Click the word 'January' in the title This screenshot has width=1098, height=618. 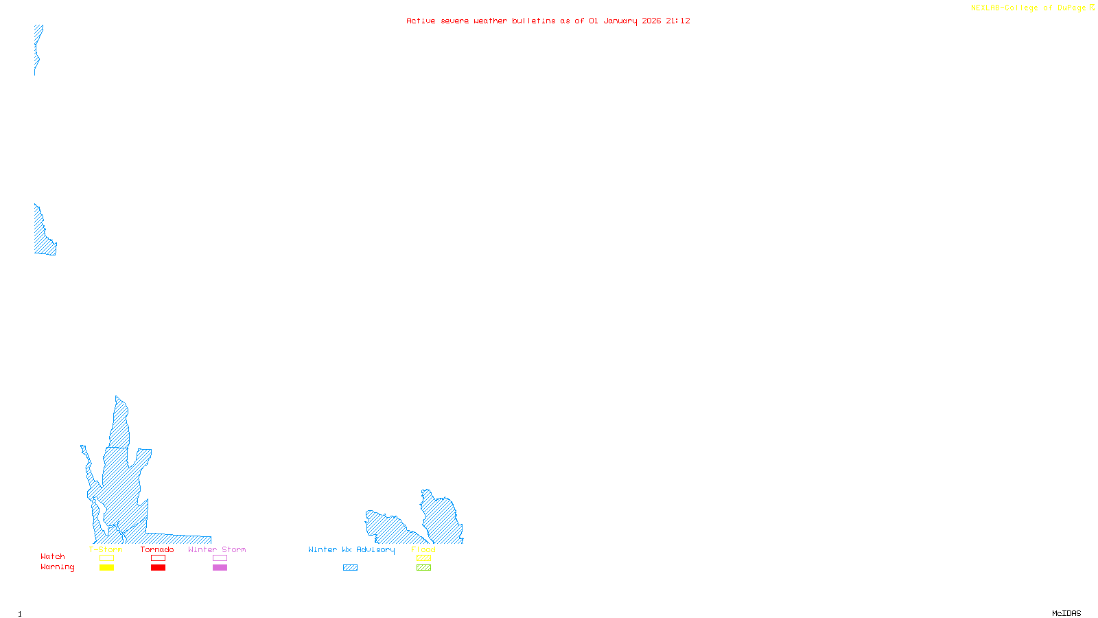(x=620, y=21)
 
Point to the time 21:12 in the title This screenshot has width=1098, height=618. (x=677, y=21)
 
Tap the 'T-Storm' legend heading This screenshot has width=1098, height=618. (x=106, y=549)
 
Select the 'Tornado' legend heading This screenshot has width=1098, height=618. (x=157, y=549)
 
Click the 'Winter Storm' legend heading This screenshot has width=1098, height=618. (x=217, y=549)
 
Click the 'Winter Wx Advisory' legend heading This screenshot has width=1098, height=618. (x=351, y=549)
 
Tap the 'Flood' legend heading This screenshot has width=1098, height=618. (x=423, y=549)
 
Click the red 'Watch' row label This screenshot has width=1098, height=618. (x=53, y=557)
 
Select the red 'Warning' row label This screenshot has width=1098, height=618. (x=58, y=567)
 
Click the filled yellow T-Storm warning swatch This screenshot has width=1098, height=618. (x=106, y=568)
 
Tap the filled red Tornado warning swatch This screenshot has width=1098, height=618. (x=158, y=568)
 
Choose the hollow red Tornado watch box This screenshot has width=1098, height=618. (x=158, y=558)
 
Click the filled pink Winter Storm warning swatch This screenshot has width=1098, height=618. (x=220, y=568)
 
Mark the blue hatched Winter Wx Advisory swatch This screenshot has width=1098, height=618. (x=350, y=568)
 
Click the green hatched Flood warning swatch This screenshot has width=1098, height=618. (x=423, y=568)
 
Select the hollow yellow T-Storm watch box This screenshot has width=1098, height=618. (x=106, y=558)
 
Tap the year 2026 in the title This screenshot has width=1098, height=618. (x=651, y=21)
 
